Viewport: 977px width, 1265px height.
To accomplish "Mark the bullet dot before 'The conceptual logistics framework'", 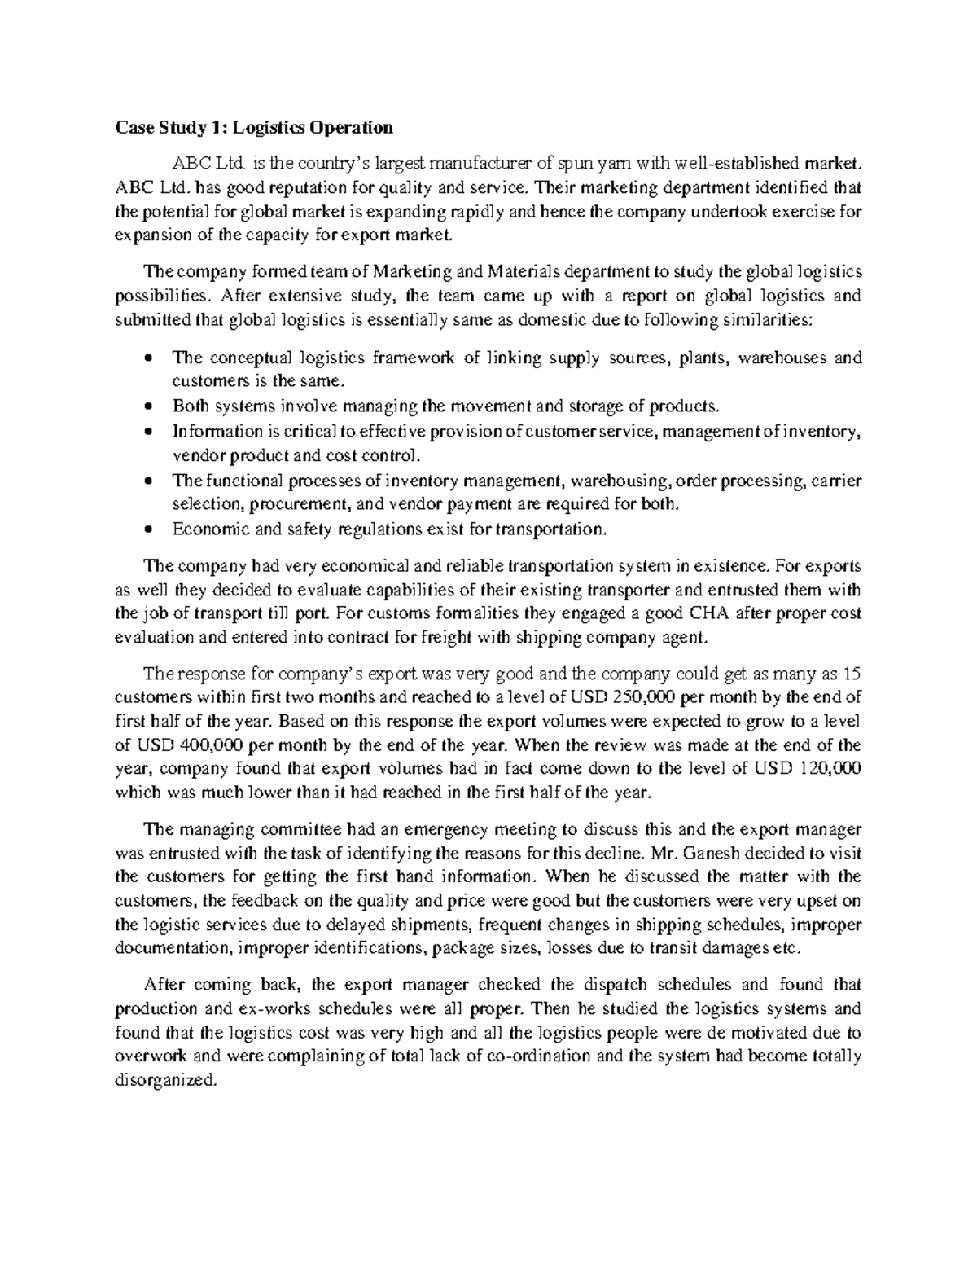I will click(x=147, y=358).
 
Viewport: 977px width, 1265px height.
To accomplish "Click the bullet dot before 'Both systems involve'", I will click(x=147, y=406).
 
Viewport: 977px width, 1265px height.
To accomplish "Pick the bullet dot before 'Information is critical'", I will click(x=147, y=430).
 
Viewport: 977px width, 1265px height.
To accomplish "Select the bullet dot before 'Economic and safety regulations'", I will click(x=147, y=529).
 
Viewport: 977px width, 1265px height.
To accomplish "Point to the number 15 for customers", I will click(x=852, y=674).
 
